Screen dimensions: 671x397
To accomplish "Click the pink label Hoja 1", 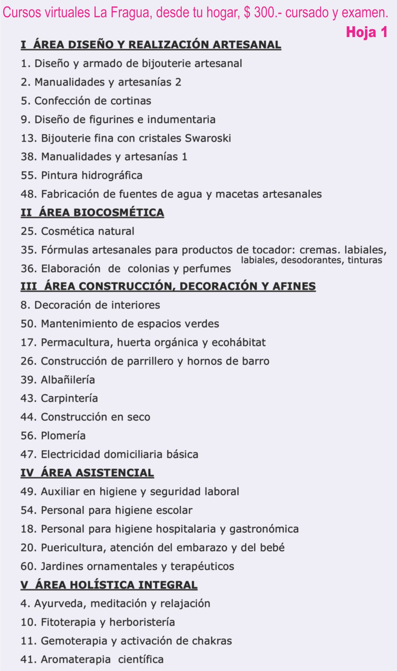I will click(367, 32).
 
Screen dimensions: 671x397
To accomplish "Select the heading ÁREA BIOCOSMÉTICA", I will click(101, 213).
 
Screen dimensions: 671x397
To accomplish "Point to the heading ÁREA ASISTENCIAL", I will click(97, 473).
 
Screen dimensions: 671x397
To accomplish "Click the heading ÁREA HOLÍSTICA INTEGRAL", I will click(116, 585).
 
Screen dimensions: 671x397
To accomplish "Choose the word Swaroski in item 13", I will click(208, 138).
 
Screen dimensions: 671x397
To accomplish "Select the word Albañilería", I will click(68, 380).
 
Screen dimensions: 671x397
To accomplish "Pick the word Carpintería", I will click(69, 398).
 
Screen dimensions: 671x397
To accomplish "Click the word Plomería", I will click(63, 436).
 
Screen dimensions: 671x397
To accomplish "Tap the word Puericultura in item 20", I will click(73, 548).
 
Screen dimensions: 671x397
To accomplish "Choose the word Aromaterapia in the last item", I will click(76, 660).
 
